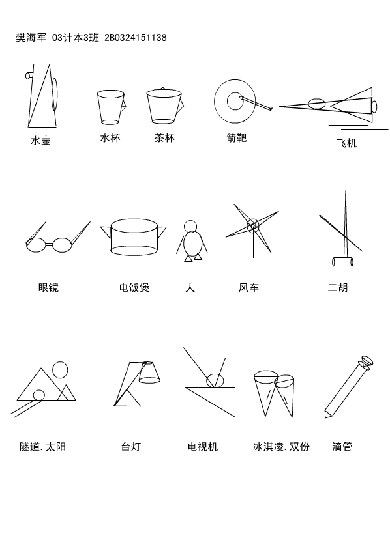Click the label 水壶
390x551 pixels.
pyautogui.click(x=41, y=141)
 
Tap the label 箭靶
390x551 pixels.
pyautogui.click(x=237, y=137)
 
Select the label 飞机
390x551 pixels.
pyautogui.click(x=347, y=143)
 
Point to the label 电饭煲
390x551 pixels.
pyautogui.click(x=134, y=287)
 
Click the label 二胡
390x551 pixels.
pyautogui.click(x=338, y=287)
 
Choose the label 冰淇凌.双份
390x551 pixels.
pyautogui.click(x=281, y=447)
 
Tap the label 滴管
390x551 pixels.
pyautogui.click(x=342, y=447)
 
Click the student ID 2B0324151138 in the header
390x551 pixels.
pyautogui.click(x=136, y=38)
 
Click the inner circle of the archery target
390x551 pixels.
pyautogui.click(x=235, y=101)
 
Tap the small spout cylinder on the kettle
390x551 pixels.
pyautogui.click(x=29, y=75)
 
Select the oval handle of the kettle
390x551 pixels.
pyautogui.click(x=55, y=94)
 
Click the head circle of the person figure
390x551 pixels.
pyautogui.click(x=190, y=226)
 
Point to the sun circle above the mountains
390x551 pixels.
pyautogui.click(x=60, y=370)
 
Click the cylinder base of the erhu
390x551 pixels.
pyautogui.click(x=342, y=261)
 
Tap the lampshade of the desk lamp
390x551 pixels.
pyautogui.click(x=149, y=372)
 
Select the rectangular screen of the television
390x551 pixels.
pyautogui.click(x=210, y=402)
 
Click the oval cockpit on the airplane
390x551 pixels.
pyautogui.click(x=317, y=104)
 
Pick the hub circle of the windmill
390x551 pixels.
pyautogui.click(x=253, y=225)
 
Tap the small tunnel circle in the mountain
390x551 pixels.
pyautogui.click(x=38, y=395)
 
